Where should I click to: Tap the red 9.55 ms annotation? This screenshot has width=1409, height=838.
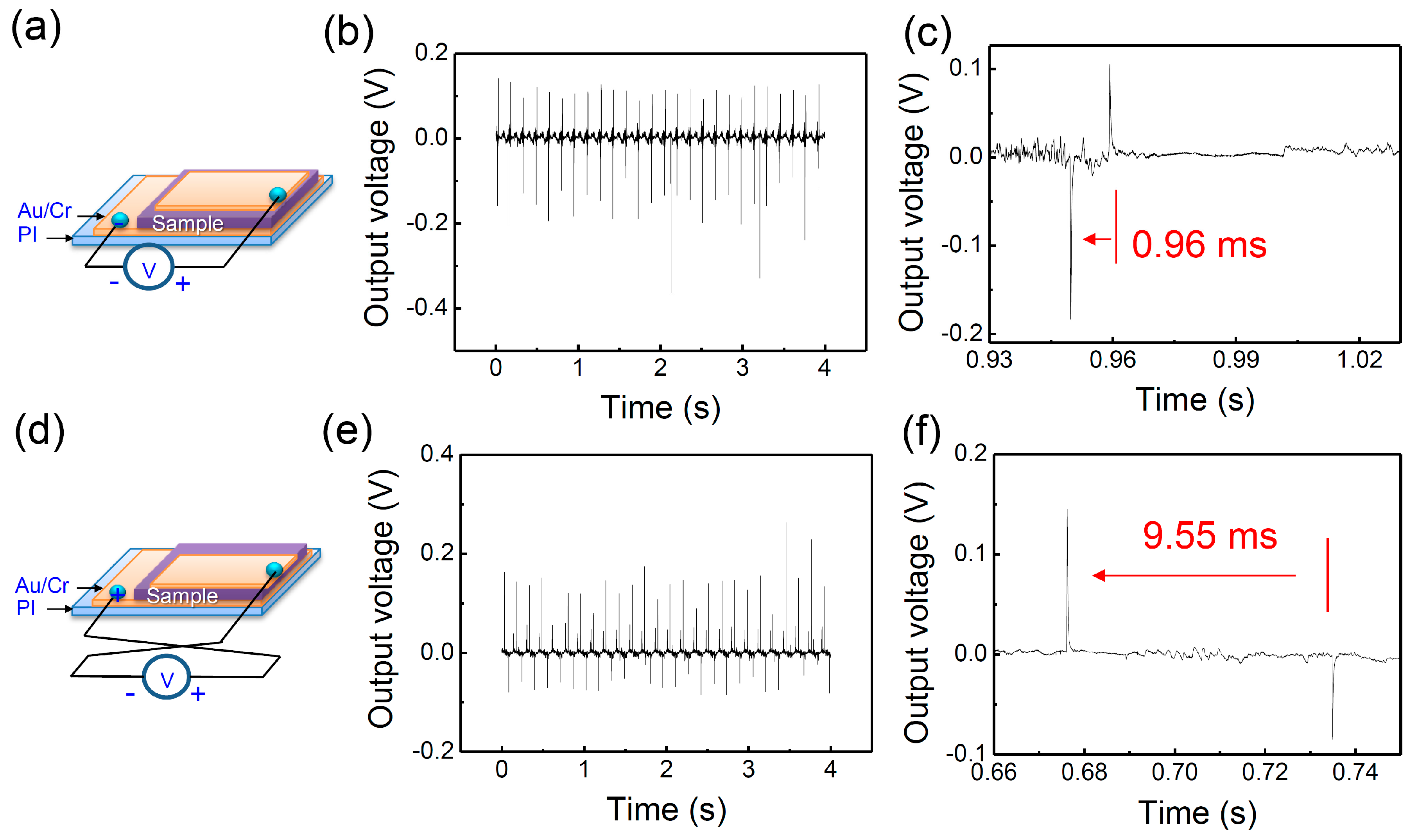pos(1209,535)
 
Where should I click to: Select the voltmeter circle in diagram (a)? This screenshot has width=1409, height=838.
pos(149,267)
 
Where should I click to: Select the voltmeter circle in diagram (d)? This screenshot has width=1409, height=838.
pos(167,677)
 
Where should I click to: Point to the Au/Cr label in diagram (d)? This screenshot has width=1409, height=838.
pos(42,586)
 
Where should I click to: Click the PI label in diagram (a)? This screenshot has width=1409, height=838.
pos(27,234)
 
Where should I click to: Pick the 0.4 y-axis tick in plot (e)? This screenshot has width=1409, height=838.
pos(436,454)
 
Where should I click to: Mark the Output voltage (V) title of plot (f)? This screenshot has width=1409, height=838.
pos(917,613)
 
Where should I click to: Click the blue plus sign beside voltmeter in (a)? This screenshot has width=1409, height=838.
pos(182,284)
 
